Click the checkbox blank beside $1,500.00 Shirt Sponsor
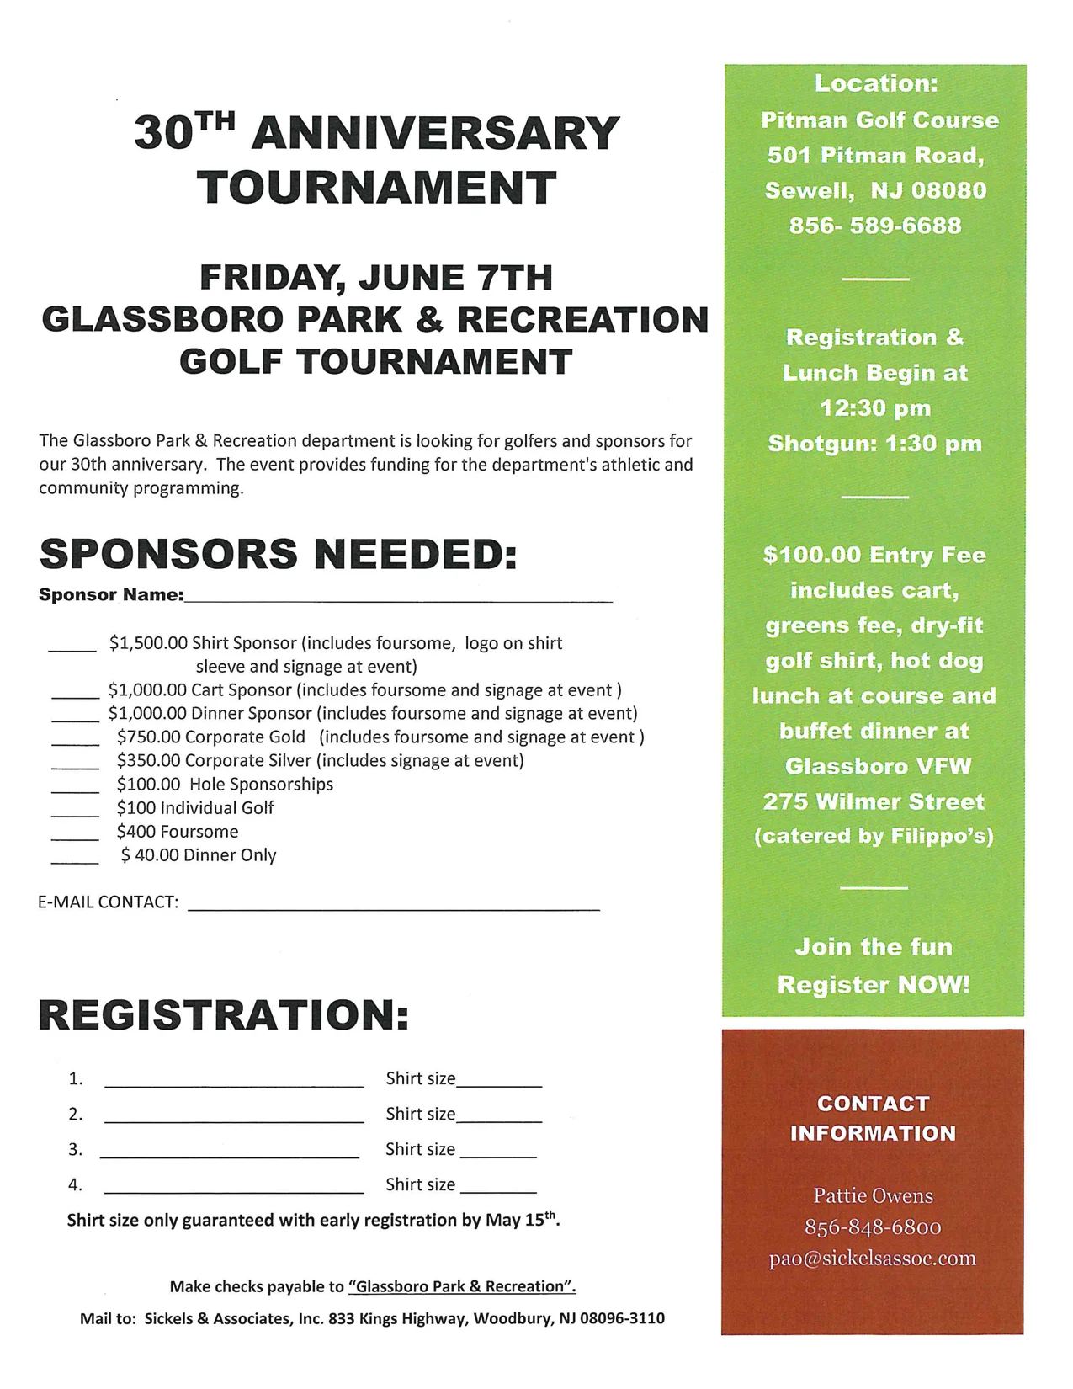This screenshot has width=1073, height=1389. click(72, 648)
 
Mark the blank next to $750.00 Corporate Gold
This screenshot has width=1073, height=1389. click(75, 742)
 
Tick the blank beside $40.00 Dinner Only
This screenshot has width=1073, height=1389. click(75, 860)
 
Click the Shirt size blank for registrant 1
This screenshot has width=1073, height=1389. click(498, 1083)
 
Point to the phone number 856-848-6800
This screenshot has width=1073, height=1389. click(872, 1227)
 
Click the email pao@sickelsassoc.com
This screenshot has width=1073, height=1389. click(872, 1259)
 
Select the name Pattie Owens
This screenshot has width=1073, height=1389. click(873, 1195)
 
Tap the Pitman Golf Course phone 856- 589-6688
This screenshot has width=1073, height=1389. click(874, 226)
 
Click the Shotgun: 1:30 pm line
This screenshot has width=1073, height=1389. click(874, 444)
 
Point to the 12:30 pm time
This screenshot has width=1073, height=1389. click(875, 408)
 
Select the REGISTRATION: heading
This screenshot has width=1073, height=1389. click(224, 1014)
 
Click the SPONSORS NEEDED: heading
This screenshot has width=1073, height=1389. click(278, 554)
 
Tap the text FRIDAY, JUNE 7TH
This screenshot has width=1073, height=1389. click(375, 277)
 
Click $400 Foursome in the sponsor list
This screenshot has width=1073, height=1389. click(178, 832)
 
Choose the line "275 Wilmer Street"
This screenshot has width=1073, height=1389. click(874, 801)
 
